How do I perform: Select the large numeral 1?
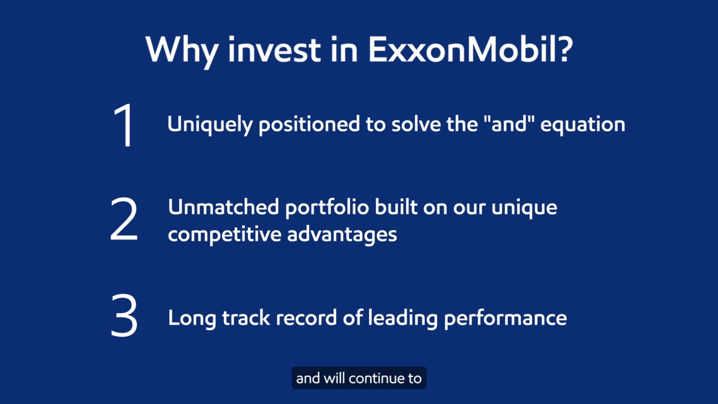pyautogui.click(x=124, y=125)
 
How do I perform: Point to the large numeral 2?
pyautogui.click(x=124, y=219)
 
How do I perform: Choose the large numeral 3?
pyautogui.click(x=124, y=315)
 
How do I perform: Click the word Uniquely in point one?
pyautogui.click(x=209, y=125)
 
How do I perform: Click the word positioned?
pyautogui.click(x=309, y=125)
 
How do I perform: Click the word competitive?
pyautogui.click(x=224, y=235)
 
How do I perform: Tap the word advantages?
pyautogui.click(x=342, y=235)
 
